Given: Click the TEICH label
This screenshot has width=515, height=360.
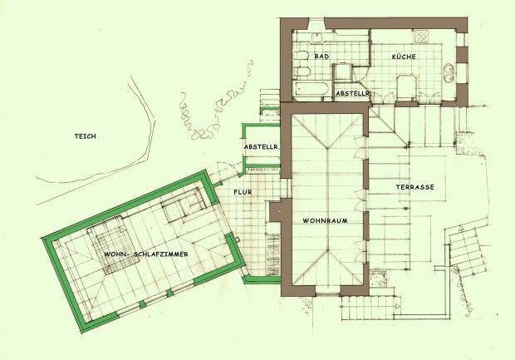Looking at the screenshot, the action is click(x=85, y=136).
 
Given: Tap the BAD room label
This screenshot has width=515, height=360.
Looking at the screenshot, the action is click(x=321, y=57).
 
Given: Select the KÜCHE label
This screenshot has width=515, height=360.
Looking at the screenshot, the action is click(x=404, y=57).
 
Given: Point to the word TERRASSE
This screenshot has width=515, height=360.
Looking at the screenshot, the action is click(x=414, y=187).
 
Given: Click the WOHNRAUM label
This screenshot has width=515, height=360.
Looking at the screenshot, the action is click(x=325, y=220).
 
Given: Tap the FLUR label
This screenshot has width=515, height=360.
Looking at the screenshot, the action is click(x=243, y=192).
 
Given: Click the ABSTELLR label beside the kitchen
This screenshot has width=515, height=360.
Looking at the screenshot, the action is click(x=352, y=94).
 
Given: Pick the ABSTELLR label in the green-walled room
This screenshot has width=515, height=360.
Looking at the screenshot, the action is click(x=261, y=147).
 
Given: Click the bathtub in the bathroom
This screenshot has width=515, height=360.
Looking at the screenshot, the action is click(x=311, y=90).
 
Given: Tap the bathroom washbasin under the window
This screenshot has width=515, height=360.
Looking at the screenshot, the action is click(x=317, y=37).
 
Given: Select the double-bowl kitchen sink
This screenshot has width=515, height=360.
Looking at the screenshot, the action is click(x=449, y=72).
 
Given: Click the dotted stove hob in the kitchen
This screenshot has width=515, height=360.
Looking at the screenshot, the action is click(x=421, y=36).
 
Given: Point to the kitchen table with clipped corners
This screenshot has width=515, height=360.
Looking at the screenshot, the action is click(x=407, y=86).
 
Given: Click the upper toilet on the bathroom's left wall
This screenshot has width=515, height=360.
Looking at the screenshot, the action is click(x=302, y=56).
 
